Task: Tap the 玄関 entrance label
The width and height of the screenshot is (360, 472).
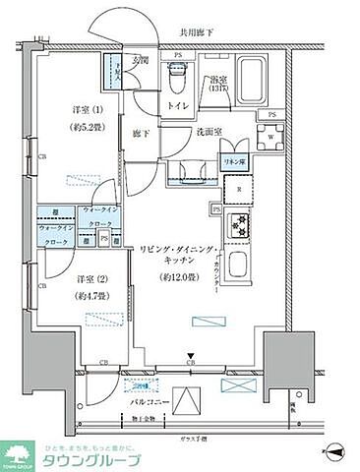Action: (x=143, y=60)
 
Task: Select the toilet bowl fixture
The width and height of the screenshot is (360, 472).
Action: (x=177, y=74)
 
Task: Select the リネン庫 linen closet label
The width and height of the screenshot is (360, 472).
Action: (x=232, y=160)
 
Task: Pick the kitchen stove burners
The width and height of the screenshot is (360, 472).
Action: (x=240, y=225)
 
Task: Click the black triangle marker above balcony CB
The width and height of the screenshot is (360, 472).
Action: (x=192, y=357)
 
